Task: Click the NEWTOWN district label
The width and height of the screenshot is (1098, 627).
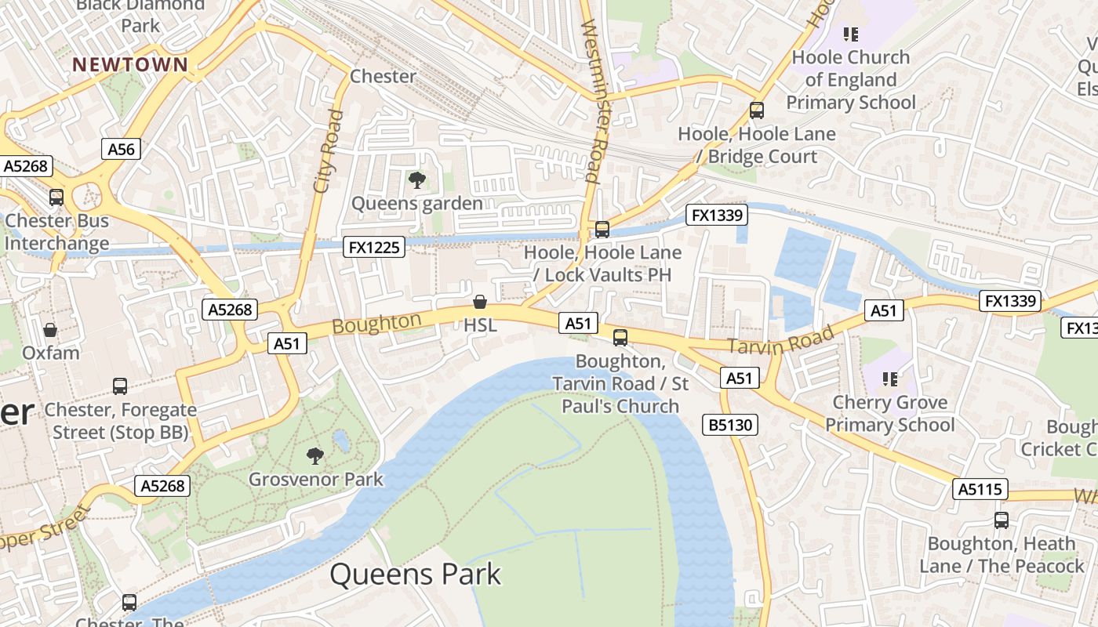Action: click(x=130, y=64)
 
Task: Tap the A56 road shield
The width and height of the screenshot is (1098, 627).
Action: click(x=121, y=149)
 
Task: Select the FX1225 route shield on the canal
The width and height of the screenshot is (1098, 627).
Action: click(x=375, y=248)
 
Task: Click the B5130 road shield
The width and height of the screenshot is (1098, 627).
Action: click(x=730, y=425)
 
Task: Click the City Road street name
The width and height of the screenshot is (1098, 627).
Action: click(x=328, y=151)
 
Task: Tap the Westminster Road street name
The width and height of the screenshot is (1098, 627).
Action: click(x=594, y=102)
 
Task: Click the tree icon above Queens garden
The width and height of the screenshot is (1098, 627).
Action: click(x=416, y=181)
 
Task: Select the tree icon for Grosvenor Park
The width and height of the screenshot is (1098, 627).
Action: click(x=315, y=455)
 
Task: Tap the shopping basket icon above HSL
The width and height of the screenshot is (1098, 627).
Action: click(x=480, y=302)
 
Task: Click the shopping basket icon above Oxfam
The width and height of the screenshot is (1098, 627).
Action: click(x=50, y=330)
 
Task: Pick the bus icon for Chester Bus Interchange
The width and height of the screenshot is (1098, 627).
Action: click(x=56, y=198)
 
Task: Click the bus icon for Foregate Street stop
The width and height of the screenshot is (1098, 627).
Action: click(x=120, y=386)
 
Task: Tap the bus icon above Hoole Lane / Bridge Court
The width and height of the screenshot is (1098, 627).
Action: click(x=757, y=111)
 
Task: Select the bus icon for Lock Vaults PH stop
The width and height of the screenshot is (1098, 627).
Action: click(x=602, y=230)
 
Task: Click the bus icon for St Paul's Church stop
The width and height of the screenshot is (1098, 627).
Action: click(x=620, y=338)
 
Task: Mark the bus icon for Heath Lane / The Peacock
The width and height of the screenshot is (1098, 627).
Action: click(x=1002, y=520)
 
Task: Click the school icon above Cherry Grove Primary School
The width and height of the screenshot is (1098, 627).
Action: click(x=889, y=379)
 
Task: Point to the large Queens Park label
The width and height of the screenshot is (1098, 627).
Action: click(x=415, y=574)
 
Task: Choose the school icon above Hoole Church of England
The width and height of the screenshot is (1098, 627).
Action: click(x=851, y=34)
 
